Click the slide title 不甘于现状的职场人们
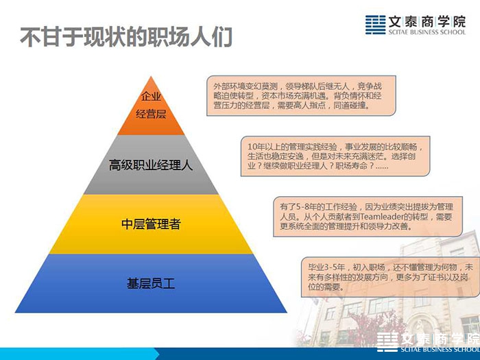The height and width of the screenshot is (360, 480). [126, 37]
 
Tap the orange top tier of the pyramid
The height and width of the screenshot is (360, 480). [151, 113]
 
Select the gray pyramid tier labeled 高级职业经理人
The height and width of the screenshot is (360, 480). [151, 165]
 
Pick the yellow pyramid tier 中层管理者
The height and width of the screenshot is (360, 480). [151, 224]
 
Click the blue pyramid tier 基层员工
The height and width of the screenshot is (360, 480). [151, 283]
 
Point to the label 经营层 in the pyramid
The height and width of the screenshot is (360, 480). [151, 115]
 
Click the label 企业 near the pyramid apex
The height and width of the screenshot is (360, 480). [151, 97]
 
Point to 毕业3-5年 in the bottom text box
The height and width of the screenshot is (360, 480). [326, 267]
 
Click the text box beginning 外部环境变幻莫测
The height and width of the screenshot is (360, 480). [301, 95]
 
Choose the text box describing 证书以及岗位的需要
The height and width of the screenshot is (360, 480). [390, 277]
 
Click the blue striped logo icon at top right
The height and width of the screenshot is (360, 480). [375, 25]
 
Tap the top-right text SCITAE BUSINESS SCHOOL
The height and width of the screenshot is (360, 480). [427, 32]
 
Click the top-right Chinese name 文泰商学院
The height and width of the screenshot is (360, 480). [427, 21]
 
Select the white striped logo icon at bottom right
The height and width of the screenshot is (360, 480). [387, 341]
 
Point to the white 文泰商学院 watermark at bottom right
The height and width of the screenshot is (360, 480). [440, 339]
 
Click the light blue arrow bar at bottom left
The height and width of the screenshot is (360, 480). [80, 354]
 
